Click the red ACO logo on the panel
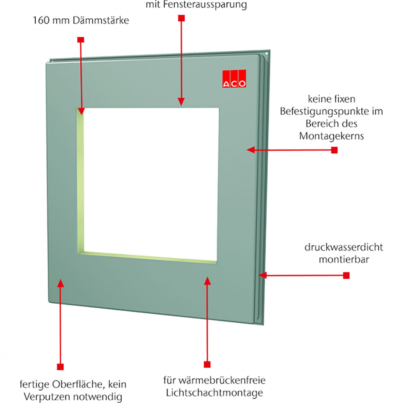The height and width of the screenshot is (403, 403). point(234,78)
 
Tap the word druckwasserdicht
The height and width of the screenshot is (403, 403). point(343,247)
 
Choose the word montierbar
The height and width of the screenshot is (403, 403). point(343,259)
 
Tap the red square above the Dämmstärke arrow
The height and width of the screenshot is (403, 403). point(80,40)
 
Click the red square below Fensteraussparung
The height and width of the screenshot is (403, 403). point(182,18)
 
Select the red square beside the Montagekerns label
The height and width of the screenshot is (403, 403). point(334,150)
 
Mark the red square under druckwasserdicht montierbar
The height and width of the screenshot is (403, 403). point(346,275)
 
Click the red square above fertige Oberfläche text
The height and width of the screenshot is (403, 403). point(60,366)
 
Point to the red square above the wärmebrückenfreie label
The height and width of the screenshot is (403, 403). point(207,365)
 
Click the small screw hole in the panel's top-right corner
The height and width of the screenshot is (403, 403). point(267,54)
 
